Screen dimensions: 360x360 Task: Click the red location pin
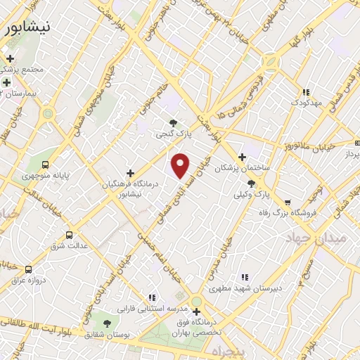pyautogui.click(x=181, y=165)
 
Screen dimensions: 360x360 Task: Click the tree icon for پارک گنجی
pyautogui.click(x=173, y=123)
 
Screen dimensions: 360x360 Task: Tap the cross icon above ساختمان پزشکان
pyautogui.click(x=242, y=157)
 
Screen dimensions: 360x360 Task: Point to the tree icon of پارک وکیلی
pyautogui.click(x=251, y=183)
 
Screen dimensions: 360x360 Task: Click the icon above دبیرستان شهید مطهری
pyautogui.click(x=244, y=277)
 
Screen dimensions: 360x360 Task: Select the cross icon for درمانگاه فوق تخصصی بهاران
pyautogui.click(x=196, y=311)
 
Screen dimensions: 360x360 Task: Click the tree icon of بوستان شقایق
pyautogui.click(x=107, y=323)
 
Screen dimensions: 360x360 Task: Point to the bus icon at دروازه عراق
pyautogui.click(x=28, y=269)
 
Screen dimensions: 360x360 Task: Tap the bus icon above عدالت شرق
pyautogui.click(x=68, y=235)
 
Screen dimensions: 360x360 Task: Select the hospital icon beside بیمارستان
pyautogui.click(x=6, y=82)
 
